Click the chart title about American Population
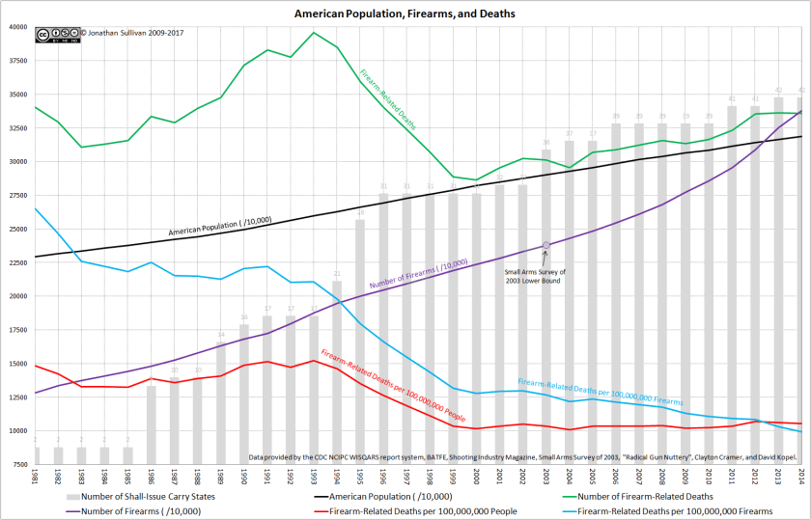pyautogui.click(x=405, y=14)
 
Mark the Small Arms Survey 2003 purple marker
pyautogui.click(x=546, y=246)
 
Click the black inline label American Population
pyautogui.click(x=220, y=226)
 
